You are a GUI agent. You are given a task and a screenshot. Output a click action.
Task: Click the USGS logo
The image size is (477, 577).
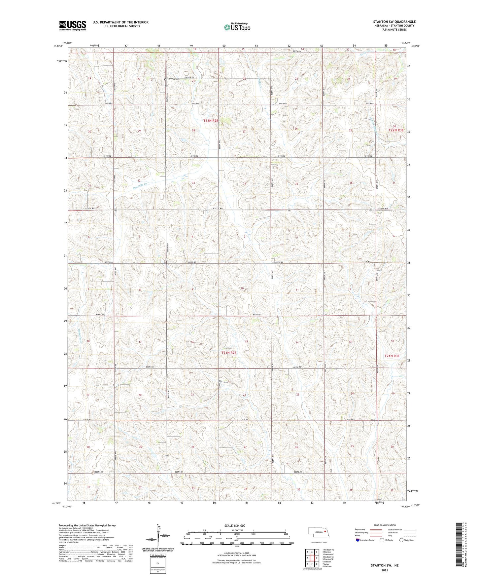click(73, 25)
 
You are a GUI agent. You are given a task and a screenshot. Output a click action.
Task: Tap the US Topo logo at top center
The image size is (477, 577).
click(237, 27)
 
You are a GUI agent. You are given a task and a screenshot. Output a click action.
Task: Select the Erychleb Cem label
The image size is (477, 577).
click(173, 79)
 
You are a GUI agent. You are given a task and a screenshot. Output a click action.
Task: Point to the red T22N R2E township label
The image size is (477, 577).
click(211, 121)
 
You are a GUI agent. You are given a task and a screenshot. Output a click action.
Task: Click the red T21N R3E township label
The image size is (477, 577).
click(392, 356)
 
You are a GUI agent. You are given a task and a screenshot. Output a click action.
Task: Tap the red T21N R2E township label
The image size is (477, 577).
click(228, 353)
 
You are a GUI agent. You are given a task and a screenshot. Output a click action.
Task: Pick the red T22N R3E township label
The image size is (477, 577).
click(396, 130)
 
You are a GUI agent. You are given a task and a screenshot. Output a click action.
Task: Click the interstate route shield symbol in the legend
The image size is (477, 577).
click(358, 540)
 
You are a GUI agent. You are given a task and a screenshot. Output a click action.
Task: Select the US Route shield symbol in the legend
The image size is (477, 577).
click(382, 540)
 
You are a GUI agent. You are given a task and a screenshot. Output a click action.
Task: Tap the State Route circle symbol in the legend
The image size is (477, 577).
click(401, 540)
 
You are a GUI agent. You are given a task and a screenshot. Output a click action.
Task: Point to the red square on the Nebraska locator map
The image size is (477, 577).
click(325, 531)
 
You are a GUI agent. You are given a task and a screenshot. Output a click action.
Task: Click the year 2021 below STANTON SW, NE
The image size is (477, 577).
click(384, 570)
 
